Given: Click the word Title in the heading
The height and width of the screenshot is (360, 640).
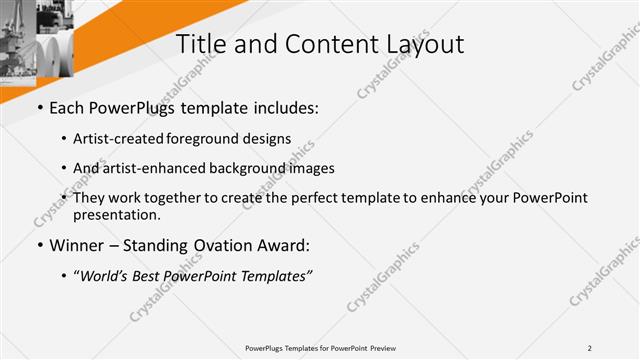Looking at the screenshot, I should coord(199,44).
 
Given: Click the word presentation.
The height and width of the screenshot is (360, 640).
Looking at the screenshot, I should coord(116,214).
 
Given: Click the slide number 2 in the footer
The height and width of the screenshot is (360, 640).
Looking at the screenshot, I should coord(590,348).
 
